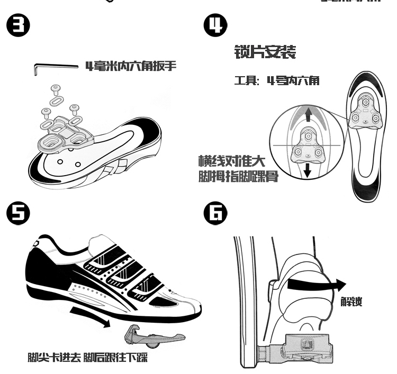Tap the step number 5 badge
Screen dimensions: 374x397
[17, 213]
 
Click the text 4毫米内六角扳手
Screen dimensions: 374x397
[131, 66]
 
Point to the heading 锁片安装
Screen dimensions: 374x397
[265, 52]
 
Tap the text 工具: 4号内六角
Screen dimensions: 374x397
[276, 81]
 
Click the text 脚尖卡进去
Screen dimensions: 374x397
[55, 358]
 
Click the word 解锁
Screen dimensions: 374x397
[351, 303]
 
